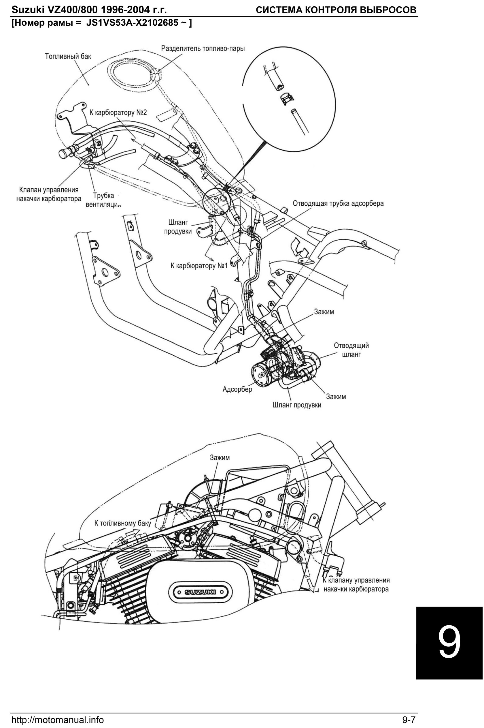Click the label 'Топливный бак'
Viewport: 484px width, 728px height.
point(68,57)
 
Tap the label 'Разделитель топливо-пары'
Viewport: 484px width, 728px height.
point(203,48)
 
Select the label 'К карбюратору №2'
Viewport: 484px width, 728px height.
point(118,112)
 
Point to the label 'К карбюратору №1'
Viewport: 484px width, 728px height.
point(199,265)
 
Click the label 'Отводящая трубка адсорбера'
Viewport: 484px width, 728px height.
point(338,204)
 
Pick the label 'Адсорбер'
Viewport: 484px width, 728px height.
point(237,389)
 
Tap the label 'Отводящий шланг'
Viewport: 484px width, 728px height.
point(351,350)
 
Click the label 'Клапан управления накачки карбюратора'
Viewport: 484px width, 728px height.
point(49,194)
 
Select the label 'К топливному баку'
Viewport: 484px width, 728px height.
point(122,523)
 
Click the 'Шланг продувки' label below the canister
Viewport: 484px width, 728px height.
point(297,405)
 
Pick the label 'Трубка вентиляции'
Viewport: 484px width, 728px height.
point(103,200)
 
